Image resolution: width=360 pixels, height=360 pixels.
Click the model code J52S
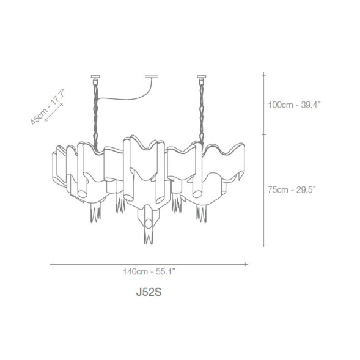tap(149, 292)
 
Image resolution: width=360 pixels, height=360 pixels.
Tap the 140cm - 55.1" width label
tap(149, 272)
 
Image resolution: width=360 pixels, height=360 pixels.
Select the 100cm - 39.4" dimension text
tap(294, 105)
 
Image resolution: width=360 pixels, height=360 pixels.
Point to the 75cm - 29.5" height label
tap(292, 190)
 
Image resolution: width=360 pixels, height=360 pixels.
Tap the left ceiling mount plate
tap(95, 76)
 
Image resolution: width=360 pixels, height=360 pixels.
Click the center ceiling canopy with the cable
tap(152, 76)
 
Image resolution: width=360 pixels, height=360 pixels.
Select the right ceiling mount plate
tap(201, 76)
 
